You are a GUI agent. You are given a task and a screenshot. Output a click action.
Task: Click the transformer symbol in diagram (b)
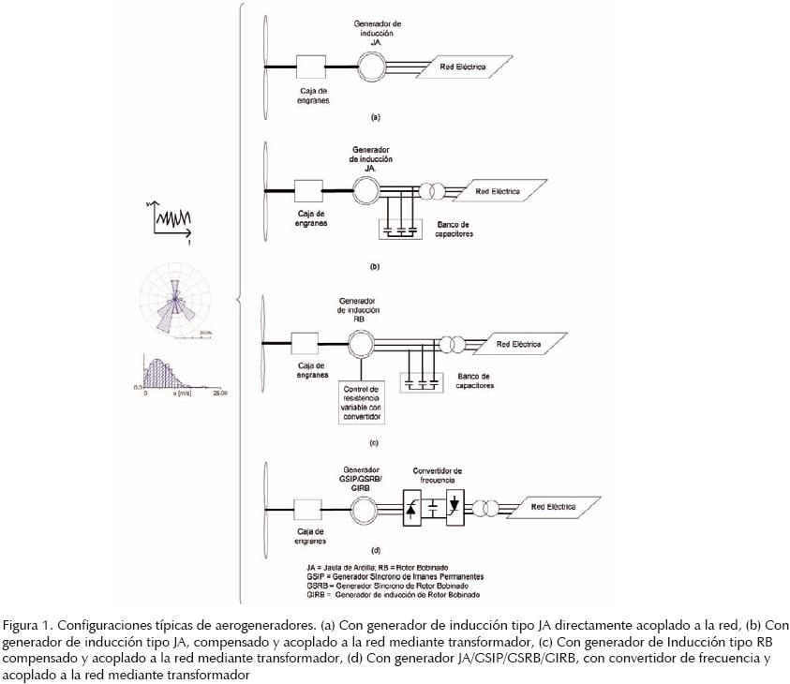tap(433, 190)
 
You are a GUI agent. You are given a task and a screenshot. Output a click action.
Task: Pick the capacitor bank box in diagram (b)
tap(400, 229)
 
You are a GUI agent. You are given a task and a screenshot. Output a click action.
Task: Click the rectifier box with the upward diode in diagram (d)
tap(412, 507)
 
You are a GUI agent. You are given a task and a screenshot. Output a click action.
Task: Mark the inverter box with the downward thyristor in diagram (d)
tap(455, 507)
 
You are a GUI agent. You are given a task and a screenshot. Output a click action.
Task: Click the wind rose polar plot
tap(176, 304)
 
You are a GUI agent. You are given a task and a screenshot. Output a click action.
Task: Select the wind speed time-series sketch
tap(171, 218)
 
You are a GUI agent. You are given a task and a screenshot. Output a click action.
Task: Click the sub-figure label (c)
tap(373, 441)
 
